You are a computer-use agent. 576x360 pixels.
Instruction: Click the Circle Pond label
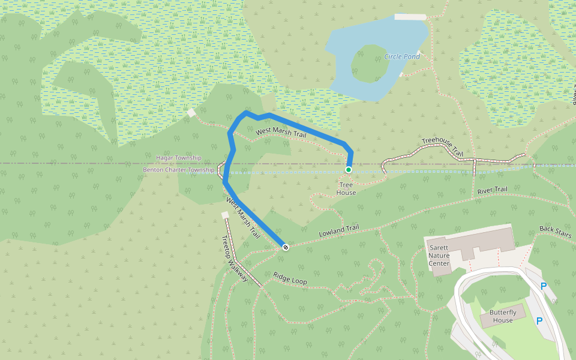402,57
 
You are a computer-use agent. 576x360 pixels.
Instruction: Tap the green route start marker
348,170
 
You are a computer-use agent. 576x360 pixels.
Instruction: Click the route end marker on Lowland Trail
286,247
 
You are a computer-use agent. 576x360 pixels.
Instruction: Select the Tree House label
346,188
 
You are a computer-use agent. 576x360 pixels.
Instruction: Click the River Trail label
492,191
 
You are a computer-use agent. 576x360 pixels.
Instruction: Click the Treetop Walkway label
234,259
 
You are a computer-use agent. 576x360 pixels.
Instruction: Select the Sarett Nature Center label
439,255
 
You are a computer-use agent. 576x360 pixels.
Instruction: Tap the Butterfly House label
503,316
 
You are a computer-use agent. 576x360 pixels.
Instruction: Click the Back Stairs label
555,232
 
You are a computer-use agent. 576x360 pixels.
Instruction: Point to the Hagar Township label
179,158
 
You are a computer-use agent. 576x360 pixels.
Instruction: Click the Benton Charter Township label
178,170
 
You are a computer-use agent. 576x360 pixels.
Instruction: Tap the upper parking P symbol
544,287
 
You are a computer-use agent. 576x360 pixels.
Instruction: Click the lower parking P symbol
539,321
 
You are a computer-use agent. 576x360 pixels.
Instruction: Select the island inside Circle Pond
368,64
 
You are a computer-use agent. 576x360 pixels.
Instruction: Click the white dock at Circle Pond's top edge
410,17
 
